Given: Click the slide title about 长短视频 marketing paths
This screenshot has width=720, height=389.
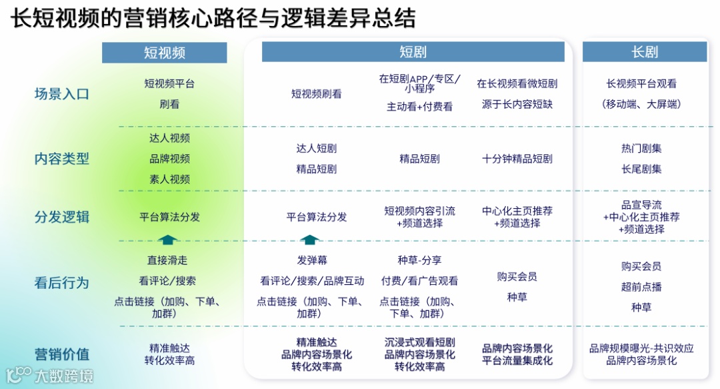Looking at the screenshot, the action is point(213,18).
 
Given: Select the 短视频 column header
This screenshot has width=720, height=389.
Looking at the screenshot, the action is point(165,53).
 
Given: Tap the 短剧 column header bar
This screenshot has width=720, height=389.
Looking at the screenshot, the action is point(413,52).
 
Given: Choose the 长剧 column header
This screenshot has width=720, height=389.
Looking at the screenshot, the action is point(645,52).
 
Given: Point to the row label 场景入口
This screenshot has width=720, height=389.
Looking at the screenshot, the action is point(61,94).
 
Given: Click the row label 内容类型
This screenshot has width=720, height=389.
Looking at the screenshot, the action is point(61,159).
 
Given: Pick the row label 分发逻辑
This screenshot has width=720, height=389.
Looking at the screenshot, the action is point(61,217).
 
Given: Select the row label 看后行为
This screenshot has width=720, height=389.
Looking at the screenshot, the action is point(61,282).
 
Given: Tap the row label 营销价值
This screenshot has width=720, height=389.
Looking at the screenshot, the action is point(61,354).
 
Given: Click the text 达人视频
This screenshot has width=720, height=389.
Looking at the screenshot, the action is point(169,138).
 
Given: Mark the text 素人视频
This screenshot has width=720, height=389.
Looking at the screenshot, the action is point(169,179).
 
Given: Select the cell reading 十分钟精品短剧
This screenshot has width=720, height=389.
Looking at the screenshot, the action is point(517,159).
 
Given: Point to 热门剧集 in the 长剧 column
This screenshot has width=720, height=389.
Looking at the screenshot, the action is point(641,148).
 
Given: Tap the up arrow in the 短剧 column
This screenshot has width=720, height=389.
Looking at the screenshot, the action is point(310,240).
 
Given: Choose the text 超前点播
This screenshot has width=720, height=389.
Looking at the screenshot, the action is point(641,287).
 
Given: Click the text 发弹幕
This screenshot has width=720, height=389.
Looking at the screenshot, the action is point(312,260).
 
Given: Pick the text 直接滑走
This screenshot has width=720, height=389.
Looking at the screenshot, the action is point(167,260).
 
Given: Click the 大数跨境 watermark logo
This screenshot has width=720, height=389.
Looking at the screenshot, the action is point(49,375).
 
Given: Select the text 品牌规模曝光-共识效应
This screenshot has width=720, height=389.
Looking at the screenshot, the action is point(641,348).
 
